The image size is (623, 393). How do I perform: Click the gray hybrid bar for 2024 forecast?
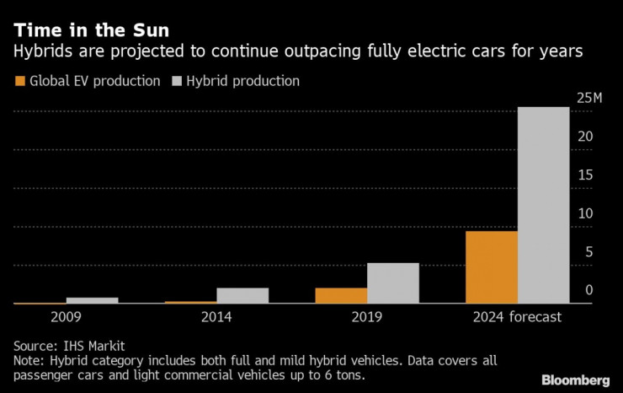(543, 205)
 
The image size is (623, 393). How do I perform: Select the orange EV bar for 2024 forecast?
(491, 266)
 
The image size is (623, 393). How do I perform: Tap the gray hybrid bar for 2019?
(392, 283)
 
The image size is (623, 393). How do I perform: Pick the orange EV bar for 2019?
(341, 295)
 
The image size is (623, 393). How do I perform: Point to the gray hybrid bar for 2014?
(242, 295)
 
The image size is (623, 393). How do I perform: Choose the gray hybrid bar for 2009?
(92, 299)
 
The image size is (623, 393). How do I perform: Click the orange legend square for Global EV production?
(20, 82)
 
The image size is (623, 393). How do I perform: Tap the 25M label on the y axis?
(589, 99)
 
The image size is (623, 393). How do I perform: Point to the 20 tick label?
(586, 137)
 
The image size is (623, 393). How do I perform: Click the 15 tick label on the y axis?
(586, 175)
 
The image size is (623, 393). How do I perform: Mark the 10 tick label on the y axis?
(586, 213)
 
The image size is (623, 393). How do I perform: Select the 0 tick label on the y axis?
(589, 290)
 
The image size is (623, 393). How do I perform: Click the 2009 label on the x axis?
(67, 317)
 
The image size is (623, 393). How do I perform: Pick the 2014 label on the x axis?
(216, 317)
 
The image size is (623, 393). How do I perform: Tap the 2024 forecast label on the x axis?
(516, 317)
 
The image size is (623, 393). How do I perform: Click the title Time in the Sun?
(91, 30)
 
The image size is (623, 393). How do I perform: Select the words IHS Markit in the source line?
(94, 345)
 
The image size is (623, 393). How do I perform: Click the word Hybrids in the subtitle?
(40, 52)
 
